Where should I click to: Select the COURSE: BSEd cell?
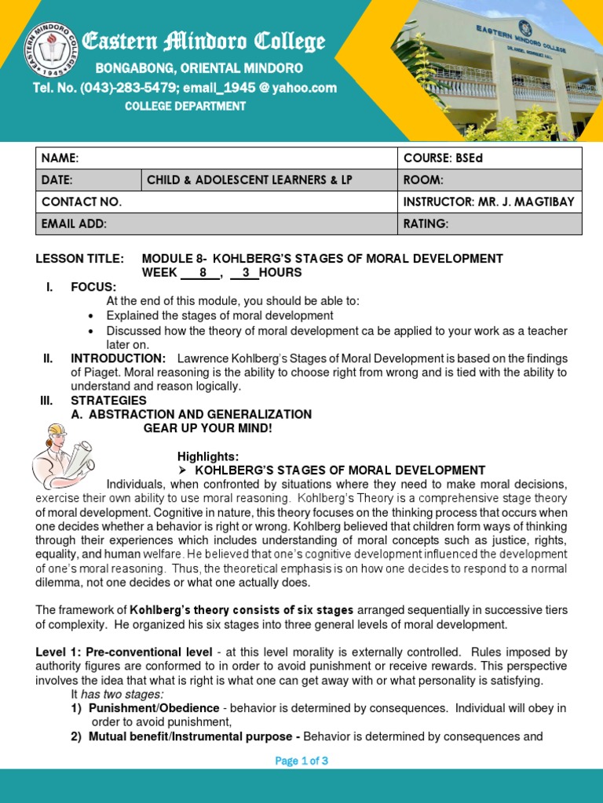click(489, 158)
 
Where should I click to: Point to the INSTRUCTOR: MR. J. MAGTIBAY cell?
click(489, 202)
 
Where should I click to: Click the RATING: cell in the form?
click(489, 224)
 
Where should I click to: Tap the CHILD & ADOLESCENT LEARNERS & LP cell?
click(269, 180)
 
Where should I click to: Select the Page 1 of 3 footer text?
click(301, 760)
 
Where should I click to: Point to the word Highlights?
click(207, 456)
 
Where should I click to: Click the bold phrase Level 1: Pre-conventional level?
click(124, 652)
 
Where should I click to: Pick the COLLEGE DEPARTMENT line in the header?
click(185, 107)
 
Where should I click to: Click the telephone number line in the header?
click(185, 88)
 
